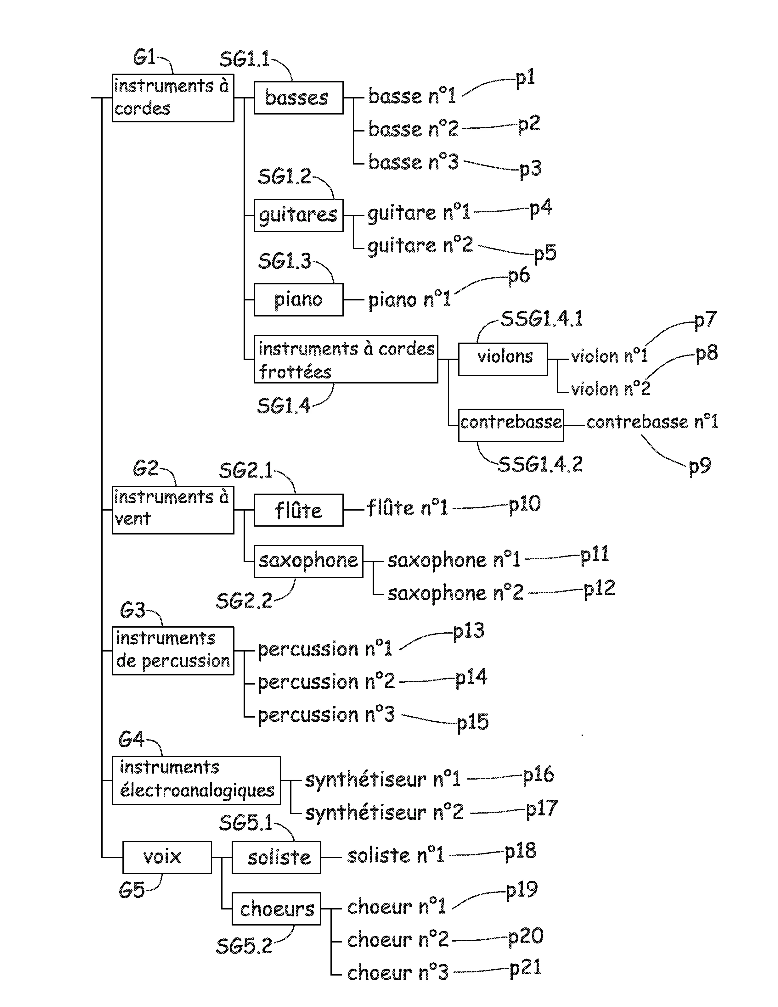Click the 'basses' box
[x=298, y=98]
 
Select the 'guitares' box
[x=298, y=215]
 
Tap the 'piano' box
[x=298, y=300]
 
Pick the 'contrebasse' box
[x=510, y=425]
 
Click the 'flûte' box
[x=298, y=510]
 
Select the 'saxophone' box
[x=308, y=561]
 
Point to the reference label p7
[x=705, y=320]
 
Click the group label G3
[x=132, y=611]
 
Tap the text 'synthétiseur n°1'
[x=382, y=780]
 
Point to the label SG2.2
[x=244, y=601]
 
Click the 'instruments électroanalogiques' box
[x=196, y=780]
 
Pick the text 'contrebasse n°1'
[x=652, y=422]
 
